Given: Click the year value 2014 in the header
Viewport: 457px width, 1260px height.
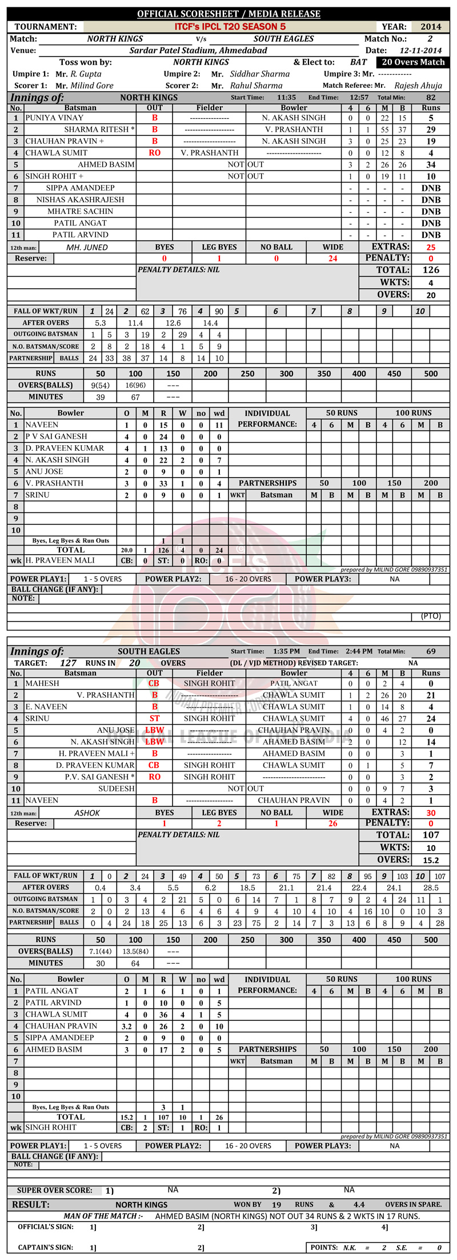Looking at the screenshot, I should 431,27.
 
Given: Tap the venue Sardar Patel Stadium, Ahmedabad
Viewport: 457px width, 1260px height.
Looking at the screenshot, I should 198,50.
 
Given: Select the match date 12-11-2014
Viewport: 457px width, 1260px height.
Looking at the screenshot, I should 420,50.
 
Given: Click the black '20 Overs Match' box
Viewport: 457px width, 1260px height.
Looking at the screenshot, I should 413,62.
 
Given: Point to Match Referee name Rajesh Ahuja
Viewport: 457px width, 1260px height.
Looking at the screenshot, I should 418,86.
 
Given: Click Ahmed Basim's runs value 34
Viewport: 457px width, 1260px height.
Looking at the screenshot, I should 431,164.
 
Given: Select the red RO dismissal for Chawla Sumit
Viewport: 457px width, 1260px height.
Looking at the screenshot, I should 154,153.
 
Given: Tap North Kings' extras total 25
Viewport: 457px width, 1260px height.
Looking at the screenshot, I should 431,247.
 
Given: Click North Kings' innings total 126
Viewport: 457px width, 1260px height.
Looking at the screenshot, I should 431,270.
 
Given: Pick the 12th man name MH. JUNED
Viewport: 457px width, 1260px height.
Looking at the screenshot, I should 87,247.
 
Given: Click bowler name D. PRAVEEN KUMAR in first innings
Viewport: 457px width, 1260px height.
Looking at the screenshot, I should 65,448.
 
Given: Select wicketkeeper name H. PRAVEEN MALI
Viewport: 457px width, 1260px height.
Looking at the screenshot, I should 60,560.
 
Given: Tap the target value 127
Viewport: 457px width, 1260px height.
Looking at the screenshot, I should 68,663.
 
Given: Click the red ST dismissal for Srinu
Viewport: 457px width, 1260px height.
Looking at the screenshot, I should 154,718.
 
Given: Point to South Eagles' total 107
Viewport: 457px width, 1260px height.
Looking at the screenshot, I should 431,834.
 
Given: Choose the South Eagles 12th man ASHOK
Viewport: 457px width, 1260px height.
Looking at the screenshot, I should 87,813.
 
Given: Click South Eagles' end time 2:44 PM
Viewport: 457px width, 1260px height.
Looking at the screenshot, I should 359,651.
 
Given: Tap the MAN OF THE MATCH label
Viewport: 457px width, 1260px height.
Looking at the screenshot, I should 103,1216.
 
